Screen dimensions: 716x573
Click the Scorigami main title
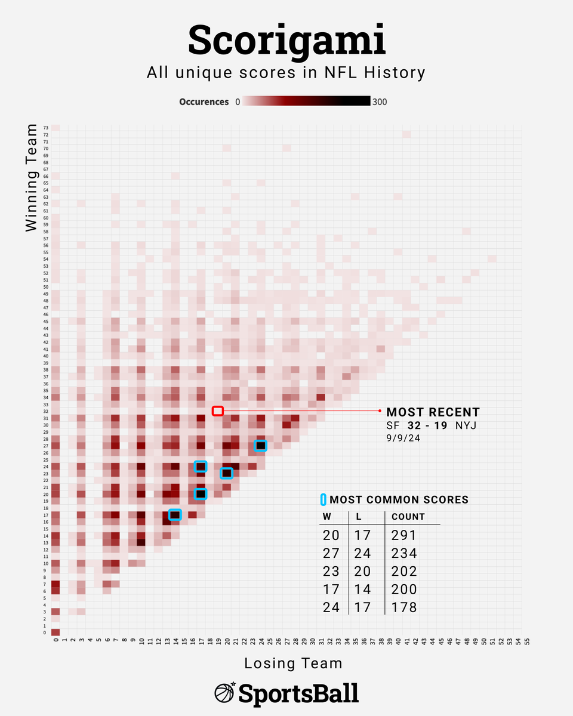coord(286,41)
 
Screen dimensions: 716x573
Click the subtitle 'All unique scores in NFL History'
coord(286,73)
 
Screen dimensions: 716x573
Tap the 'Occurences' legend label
coord(204,102)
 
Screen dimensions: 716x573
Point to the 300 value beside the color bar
coord(379,102)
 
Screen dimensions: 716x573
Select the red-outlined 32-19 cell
coord(218,411)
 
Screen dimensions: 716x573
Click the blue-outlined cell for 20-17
coord(201,493)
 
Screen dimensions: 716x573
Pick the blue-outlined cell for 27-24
coord(260,445)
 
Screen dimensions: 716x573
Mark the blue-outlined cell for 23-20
coord(226,473)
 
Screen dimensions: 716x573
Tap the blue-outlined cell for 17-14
coord(175,514)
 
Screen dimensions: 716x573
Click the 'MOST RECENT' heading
coord(433,412)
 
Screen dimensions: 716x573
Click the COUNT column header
coord(408,517)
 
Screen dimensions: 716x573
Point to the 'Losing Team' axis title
coord(293,663)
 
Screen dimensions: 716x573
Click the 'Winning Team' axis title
coord(32,182)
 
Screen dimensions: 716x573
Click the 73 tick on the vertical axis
coord(45,128)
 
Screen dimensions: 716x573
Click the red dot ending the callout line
coord(380,411)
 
